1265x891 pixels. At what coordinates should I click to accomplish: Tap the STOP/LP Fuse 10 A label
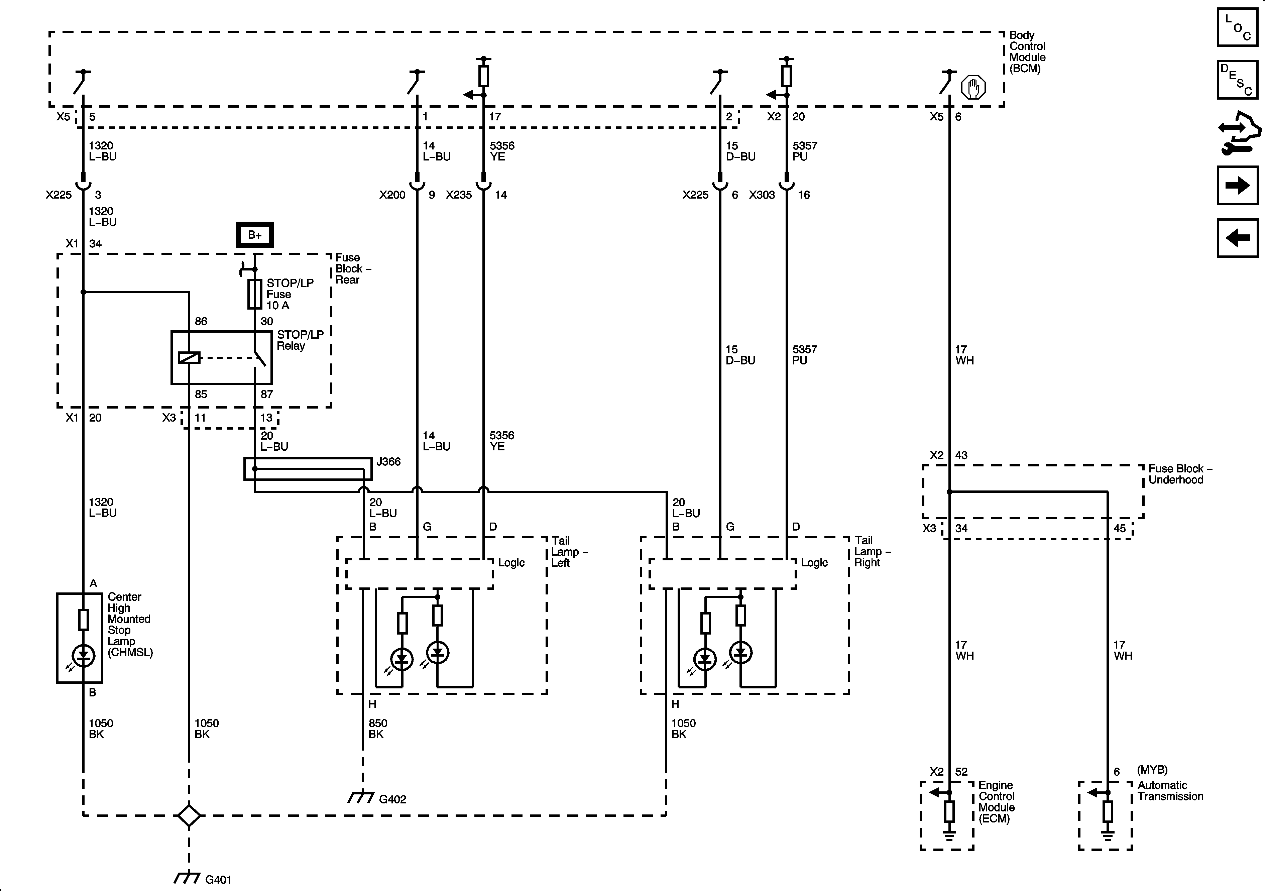(290, 294)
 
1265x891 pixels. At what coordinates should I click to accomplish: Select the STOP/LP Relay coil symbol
(189, 358)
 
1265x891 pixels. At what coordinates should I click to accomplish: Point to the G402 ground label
(392, 799)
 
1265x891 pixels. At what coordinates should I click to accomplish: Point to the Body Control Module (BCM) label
(1027, 52)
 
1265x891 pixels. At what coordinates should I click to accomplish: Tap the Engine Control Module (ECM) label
(996, 802)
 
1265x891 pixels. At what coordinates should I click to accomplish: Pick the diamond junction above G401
(189, 815)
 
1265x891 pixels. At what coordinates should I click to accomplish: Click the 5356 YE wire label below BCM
(502, 151)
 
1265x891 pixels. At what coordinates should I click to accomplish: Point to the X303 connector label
(762, 195)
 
